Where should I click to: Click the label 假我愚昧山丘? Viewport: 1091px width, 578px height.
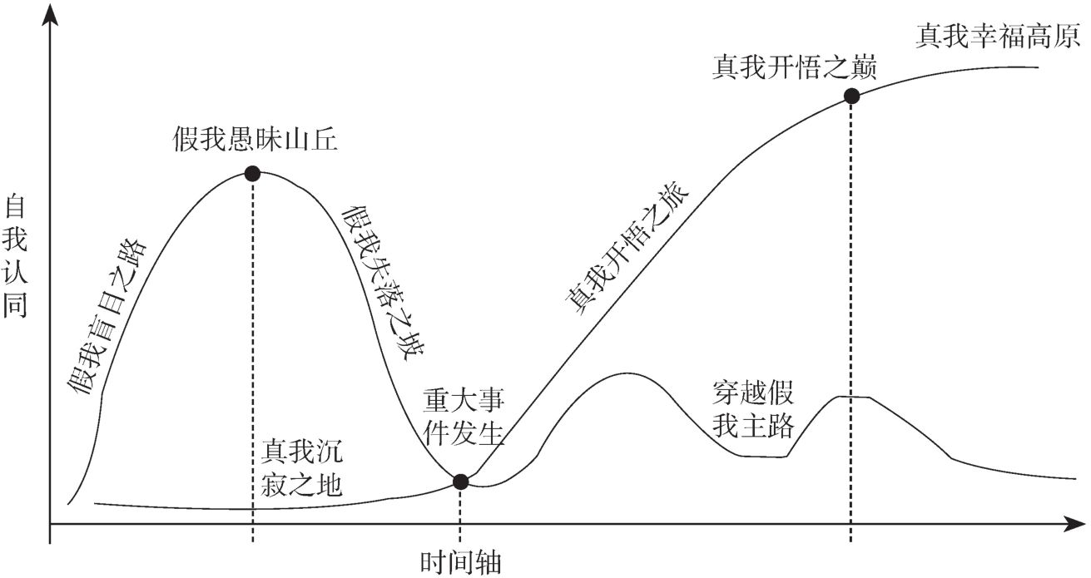coord(256,139)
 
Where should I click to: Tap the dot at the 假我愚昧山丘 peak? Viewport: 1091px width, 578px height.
coord(252,174)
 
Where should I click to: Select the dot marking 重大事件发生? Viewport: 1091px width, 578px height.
coord(460,482)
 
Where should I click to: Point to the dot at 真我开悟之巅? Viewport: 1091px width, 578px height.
coord(851,96)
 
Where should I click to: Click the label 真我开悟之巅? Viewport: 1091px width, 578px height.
coord(795,67)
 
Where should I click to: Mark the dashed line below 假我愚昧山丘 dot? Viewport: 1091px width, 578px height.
coord(252,349)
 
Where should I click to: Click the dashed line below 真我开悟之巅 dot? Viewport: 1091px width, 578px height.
coord(851,316)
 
